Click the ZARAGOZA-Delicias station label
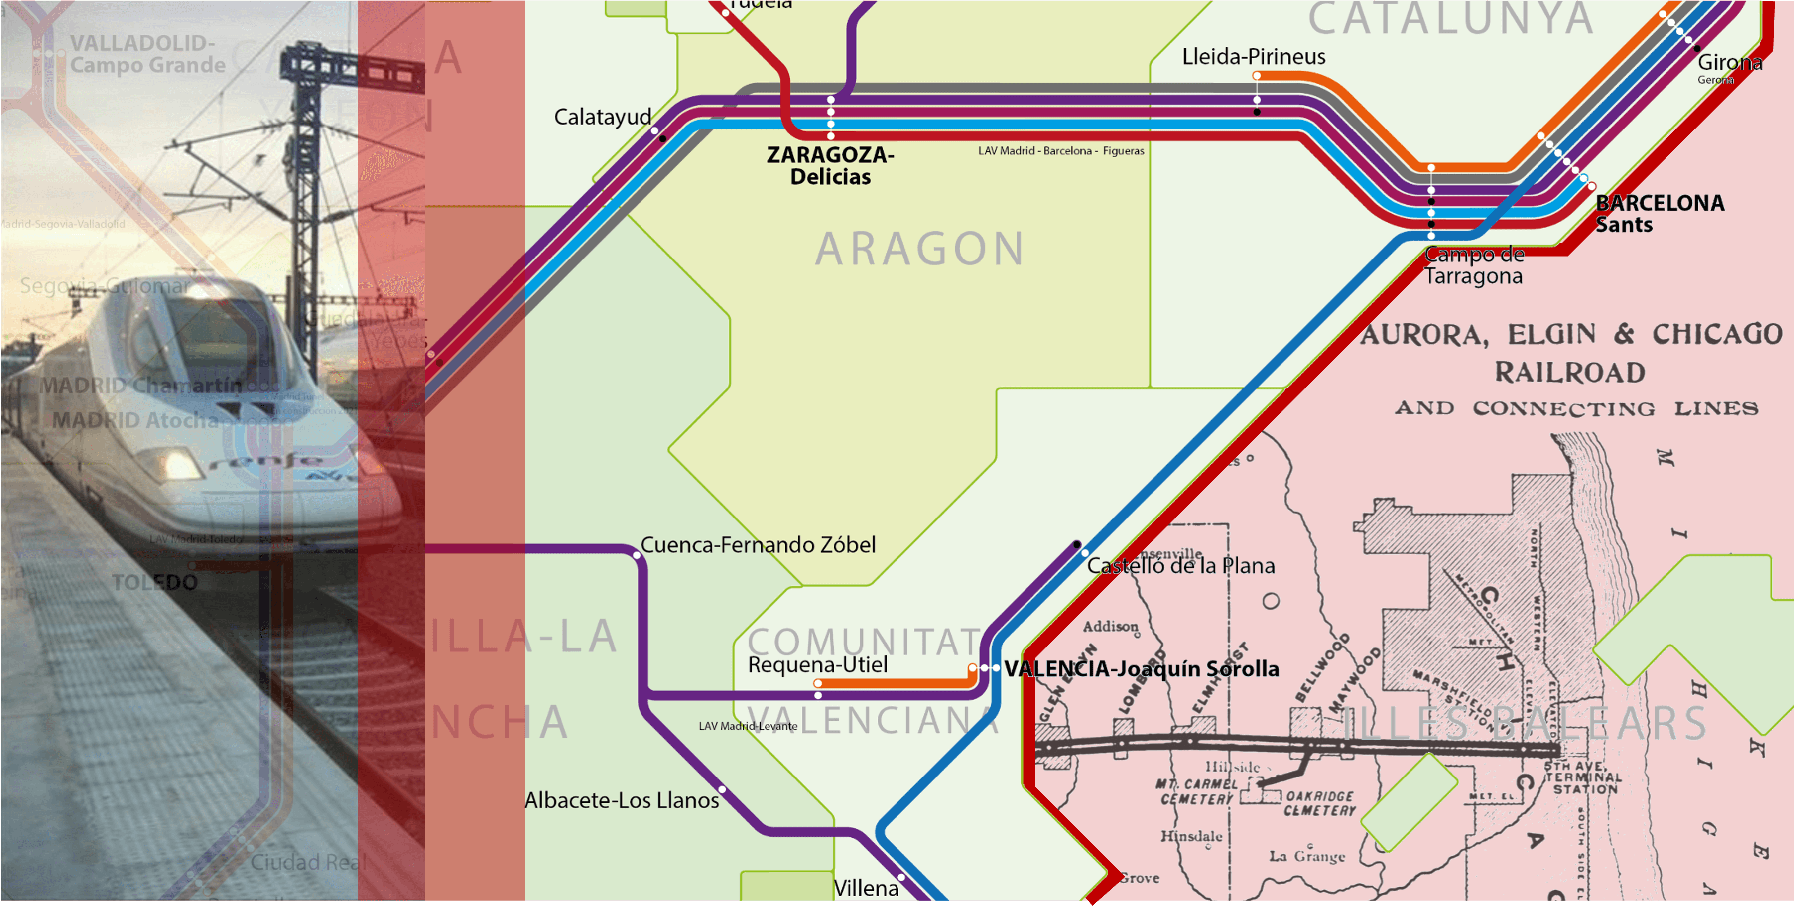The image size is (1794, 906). (830, 165)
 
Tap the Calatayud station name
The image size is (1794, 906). (603, 116)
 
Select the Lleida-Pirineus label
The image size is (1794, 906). (1254, 56)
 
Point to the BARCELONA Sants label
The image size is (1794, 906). (1659, 213)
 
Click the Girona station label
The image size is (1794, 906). (1729, 63)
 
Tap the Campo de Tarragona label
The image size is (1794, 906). (1474, 265)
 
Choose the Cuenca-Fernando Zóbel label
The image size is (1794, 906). (758, 544)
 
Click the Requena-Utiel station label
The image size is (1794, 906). (818, 664)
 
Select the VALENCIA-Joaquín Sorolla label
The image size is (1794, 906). (1141, 668)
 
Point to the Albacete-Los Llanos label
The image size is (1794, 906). (621, 800)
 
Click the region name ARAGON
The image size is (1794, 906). (919, 249)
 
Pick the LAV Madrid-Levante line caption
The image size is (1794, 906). (748, 726)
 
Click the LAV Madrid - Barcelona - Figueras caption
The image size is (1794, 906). (1061, 150)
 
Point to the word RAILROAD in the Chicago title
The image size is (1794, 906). (1570, 372)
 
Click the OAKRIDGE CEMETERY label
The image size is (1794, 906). (1319, 803)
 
